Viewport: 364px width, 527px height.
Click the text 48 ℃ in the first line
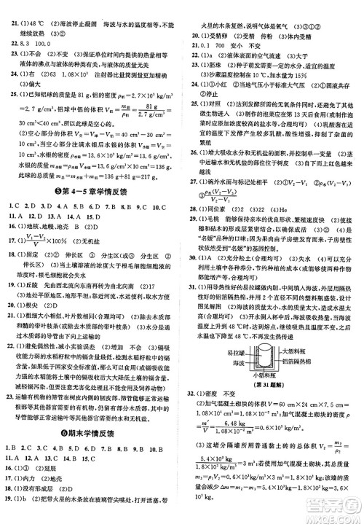click(x=39, y=6)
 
